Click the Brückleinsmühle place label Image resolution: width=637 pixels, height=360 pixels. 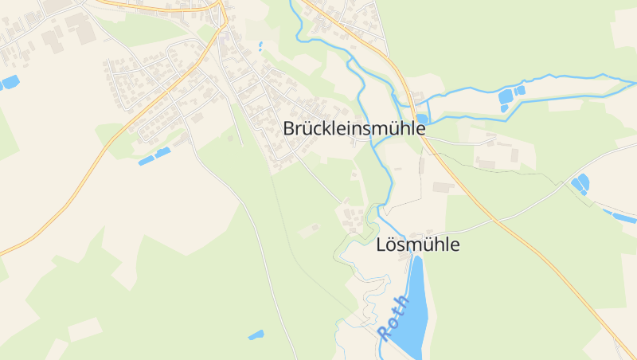click(x=354, y=128)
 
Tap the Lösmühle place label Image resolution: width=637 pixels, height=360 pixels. click(x=417, y=245)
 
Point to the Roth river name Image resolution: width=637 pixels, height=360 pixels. click(x=394, y=318)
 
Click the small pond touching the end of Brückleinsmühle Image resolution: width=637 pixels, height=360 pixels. click(x=421, y=119)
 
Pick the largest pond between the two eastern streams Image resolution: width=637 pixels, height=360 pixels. click(x=505, y=97)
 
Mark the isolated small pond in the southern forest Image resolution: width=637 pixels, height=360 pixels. click(x=256, y=335)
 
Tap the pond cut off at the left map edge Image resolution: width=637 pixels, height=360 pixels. click(x=10, y=81)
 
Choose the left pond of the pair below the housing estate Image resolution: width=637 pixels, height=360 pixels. click(x=146, y=161)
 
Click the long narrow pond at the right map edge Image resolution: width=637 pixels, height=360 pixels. click(x=619, y=215)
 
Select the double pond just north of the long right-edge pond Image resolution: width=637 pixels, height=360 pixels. click(x=580, y=184)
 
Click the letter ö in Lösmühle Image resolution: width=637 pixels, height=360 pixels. click(x=394, y=245)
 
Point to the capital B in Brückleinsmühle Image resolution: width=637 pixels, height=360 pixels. click(x=290, y=128)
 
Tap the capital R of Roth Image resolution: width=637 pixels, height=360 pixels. click(x=386, y=332)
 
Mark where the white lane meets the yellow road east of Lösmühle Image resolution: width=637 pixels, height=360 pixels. click(x=499, y=217)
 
